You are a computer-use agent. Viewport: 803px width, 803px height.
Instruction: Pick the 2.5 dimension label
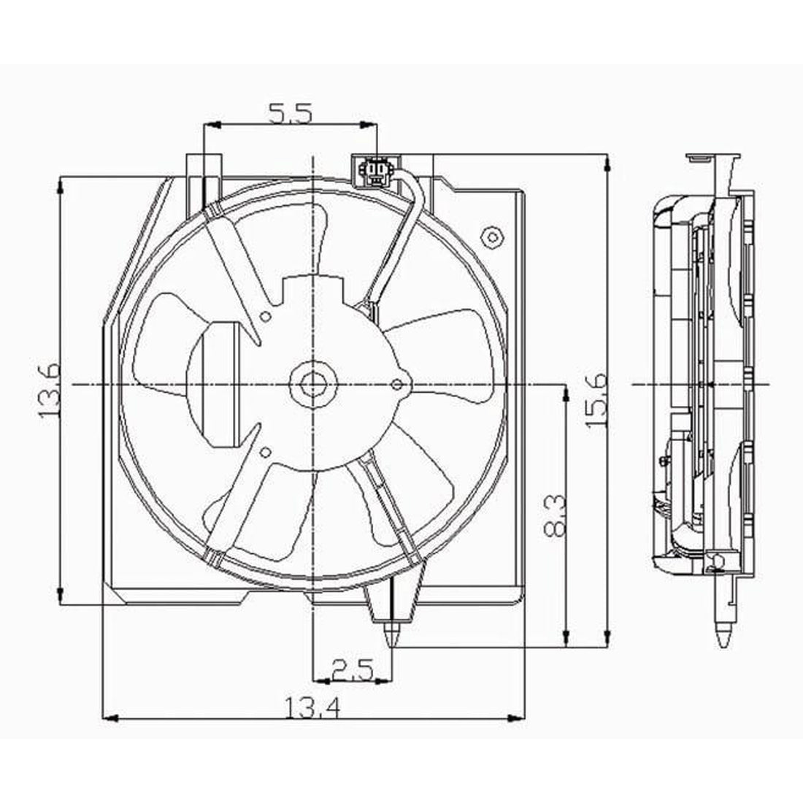point(352,669)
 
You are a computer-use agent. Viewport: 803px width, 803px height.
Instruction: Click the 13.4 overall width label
point(314,707)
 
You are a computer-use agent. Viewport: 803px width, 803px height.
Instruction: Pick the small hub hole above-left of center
point(266,316)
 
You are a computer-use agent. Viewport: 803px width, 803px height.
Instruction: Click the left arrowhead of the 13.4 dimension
point(108,718)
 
